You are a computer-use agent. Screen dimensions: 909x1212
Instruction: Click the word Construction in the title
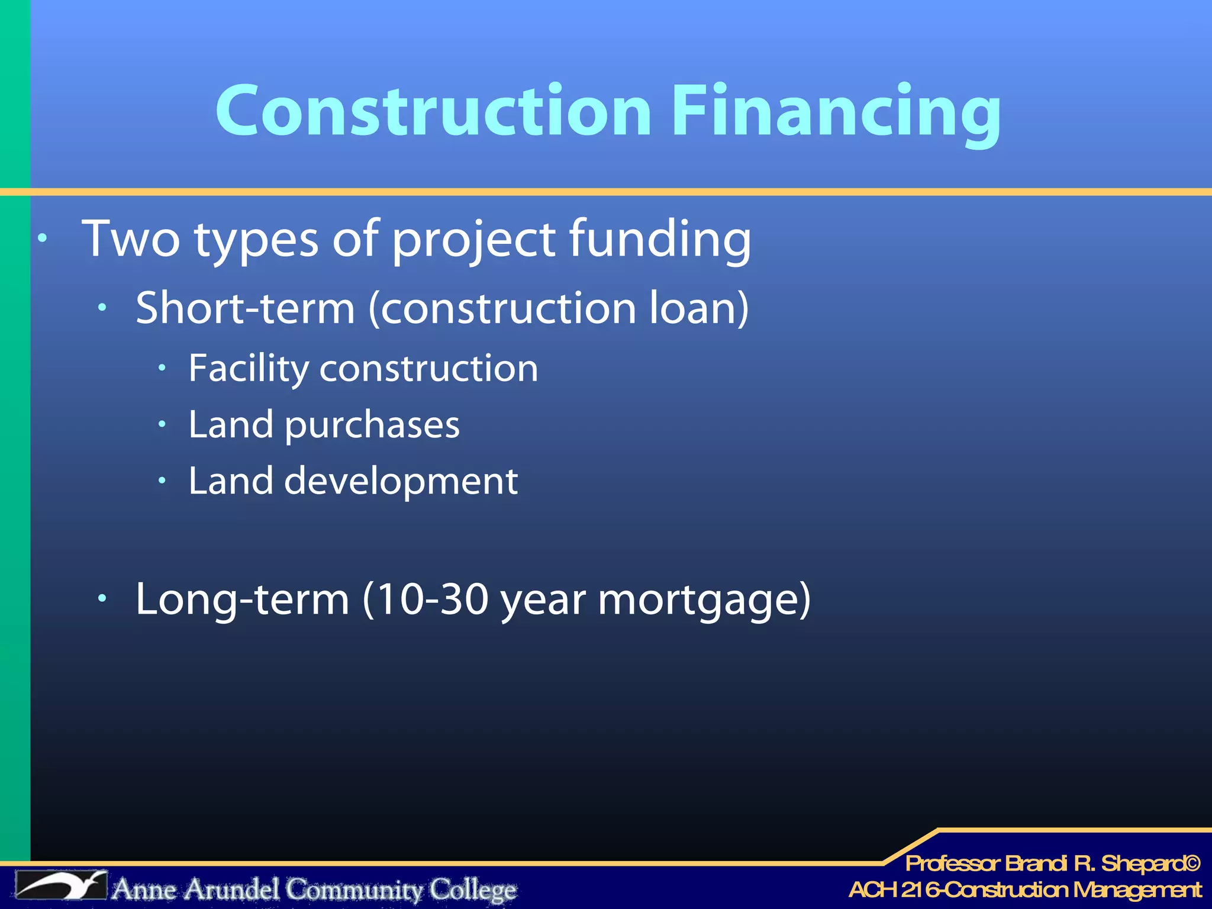click(434, 111)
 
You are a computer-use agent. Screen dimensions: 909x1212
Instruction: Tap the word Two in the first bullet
click(131, 238)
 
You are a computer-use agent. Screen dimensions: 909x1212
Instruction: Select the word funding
click(660, 240)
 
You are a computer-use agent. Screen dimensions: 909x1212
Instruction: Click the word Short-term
click(245, 308)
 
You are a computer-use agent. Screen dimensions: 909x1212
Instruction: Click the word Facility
click(249, 369)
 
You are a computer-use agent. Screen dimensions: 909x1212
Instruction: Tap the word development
click(401, 481)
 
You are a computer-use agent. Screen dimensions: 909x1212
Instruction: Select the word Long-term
click(242, 599)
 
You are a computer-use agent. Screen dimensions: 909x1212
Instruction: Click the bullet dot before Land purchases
click(162, 424)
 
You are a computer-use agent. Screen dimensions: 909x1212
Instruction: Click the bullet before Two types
click(42, 238)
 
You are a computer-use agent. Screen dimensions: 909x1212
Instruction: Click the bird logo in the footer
click(62, 885)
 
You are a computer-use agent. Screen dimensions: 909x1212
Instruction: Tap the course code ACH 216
click(893, 889)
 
